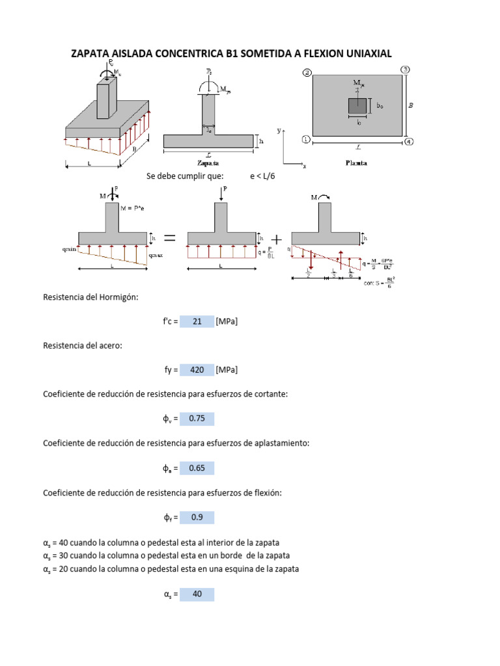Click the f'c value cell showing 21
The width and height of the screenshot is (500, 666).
[x=197, y=321]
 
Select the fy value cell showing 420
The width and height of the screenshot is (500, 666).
[x=197, y=370]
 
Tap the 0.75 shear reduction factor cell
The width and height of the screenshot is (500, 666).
[x=197, y=419]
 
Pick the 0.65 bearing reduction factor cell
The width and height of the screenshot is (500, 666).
[x=197, y=468]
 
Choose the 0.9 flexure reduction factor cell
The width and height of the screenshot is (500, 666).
[x=197, y=518]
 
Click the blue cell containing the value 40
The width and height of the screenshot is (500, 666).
[x=197, y=594]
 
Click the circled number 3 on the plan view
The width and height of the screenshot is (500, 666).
[x=405, y=70]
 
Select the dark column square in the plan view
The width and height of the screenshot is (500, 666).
[x=357, y=106]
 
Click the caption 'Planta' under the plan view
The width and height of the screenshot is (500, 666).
[x=355, y=163]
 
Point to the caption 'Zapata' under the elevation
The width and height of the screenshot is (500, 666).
[x=208, y=163]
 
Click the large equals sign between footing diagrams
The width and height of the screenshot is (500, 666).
[x=169, y=239]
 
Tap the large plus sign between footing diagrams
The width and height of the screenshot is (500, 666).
[x=276, y=239]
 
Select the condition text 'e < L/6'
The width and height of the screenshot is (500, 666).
[x=263, y=176]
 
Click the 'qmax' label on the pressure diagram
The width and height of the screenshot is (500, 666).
[x=156, y=256]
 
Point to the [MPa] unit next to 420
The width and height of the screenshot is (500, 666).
[x=227, y=370]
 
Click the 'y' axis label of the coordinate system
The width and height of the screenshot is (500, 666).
[x=279, y=130]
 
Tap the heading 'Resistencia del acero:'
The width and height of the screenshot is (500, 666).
[x=83, y=346]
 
